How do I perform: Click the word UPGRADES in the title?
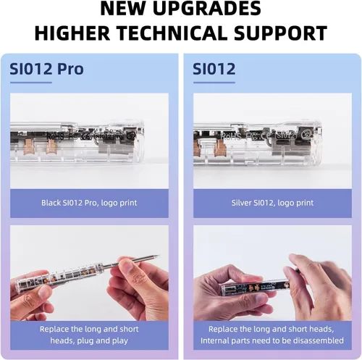click(207, 9)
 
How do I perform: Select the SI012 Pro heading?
click(46, 69)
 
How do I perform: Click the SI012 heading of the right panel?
click(214, 69)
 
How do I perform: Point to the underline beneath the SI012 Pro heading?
click(31, 83)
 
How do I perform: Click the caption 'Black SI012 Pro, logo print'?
click(89, 203)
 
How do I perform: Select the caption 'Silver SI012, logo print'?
click(272, 203)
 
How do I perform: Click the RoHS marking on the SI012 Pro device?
click(55, 136)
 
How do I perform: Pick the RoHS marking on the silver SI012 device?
click(230, 137)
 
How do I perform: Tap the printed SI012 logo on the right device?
click(286, 135)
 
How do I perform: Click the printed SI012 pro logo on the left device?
click(109, 136)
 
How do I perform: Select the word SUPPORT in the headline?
click(280, 33)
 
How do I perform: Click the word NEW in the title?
click(123, 9)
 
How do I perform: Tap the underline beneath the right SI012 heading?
click(214, 83)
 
